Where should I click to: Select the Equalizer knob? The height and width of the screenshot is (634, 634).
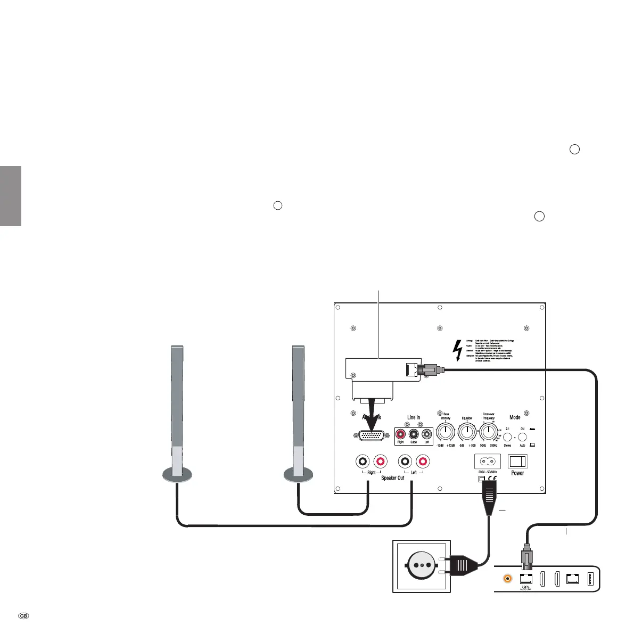click(467, 432)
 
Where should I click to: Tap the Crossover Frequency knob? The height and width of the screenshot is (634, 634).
click(488, 432)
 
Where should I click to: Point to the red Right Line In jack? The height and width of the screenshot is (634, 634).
click(400, 434)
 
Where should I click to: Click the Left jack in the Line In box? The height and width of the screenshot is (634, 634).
click(426, 434)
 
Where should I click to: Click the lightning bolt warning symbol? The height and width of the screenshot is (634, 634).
click(456, 350)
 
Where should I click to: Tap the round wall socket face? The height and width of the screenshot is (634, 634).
click(422, 566)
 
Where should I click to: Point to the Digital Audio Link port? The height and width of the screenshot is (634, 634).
click(525, 578)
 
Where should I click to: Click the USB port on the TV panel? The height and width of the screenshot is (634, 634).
click(591, 578)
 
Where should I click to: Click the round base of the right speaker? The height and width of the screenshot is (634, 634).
click(300, 473)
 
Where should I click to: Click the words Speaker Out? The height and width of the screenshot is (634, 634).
click(392, 478)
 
